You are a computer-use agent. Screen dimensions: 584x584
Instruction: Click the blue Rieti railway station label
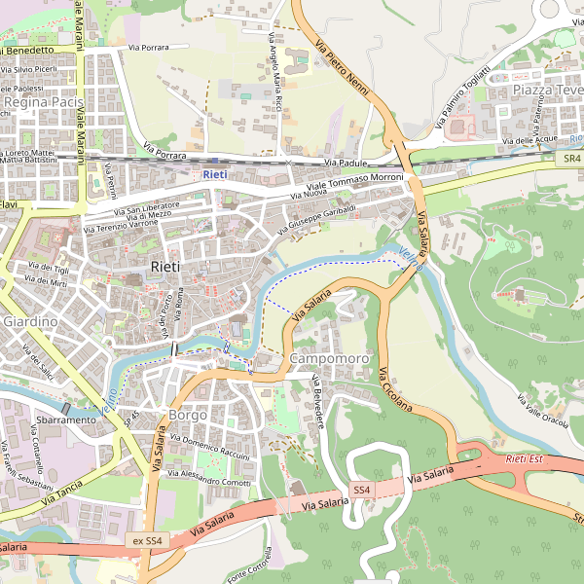tap(215, 174)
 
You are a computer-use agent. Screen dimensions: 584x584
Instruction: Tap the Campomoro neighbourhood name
tap(330, 359)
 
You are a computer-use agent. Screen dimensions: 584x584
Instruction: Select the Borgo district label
tap(187, 415)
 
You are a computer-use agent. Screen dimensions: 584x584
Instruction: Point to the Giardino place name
tap(30, 320)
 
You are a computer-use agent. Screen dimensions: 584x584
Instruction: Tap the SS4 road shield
tap(362, 490)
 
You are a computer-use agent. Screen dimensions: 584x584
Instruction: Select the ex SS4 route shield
tap(148, 540)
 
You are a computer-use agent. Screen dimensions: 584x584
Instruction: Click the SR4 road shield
tap(571, 157)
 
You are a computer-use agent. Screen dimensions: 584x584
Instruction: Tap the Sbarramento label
tap(66, 420)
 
